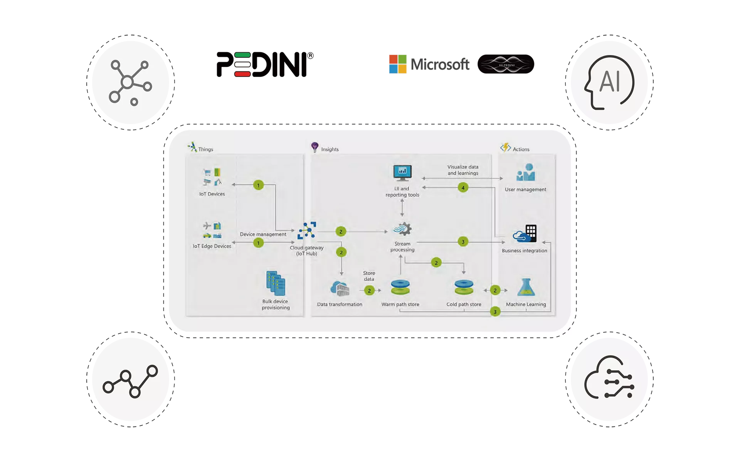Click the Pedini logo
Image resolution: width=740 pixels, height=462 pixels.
point(265,64)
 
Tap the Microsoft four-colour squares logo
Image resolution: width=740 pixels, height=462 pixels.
point(398,64)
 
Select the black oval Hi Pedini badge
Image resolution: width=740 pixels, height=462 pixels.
point(506,64)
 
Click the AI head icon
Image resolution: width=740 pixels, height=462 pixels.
point(609,82)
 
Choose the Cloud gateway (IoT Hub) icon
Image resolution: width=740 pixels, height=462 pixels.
point(307,230)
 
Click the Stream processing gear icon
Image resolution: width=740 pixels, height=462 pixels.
point(402,229)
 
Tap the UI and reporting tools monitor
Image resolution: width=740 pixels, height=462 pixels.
point(402,173)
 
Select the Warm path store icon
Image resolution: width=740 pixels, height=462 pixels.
point(400,288)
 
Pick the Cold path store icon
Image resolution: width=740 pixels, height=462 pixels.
point(464,288)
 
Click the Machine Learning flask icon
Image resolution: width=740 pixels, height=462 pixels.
point(526,287)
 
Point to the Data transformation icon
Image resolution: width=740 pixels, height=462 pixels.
point(340,289)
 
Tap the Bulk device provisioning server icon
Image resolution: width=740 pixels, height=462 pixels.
point(276,283)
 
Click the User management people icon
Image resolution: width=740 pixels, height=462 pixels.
point(526,172)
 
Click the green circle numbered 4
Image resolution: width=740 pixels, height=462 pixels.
point(463,187)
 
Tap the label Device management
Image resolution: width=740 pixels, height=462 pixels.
point(263,234)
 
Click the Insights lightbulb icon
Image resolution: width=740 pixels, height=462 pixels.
point(315,147)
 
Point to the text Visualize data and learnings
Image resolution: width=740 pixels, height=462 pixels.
point(463,170)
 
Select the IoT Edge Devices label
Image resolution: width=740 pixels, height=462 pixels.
point(212,246)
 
